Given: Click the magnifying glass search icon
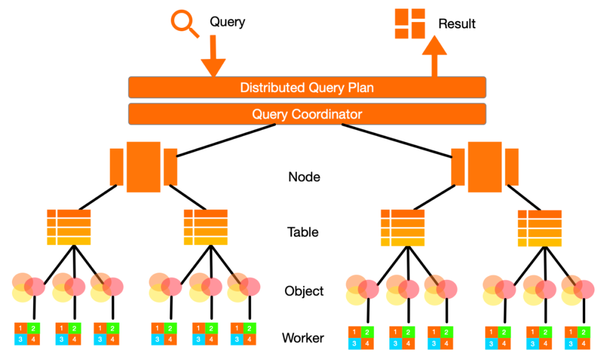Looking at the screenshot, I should tap(183, 24).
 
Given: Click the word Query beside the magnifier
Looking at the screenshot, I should tap(228, 22).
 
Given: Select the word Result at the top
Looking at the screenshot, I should tap(457, 24).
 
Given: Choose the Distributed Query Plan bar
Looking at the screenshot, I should tap(307, 87).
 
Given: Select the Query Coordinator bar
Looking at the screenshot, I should tap(307, 114).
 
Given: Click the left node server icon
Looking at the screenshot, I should tap(144, 167).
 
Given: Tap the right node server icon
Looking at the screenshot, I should tap(485, 167).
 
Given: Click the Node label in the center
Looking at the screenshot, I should tap(304, 177).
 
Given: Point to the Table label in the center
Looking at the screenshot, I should tap(303, 232).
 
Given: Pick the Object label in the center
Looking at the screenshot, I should tap(304, 291).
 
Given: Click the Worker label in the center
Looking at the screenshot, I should tap(303, 338).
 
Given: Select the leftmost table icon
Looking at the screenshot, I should tap(69, 227).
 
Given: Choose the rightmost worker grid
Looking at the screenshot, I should tap(577, 338).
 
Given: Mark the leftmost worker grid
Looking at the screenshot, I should tap(28, 333).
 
